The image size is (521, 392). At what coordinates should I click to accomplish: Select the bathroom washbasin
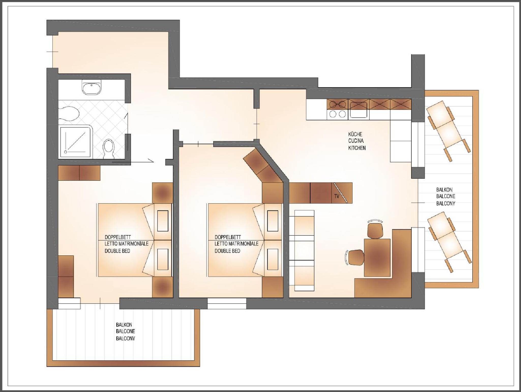click(91, 87)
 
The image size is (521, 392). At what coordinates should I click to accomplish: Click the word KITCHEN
click(357, 148)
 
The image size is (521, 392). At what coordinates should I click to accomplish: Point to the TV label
click(337, 196)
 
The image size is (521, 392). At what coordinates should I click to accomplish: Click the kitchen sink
click(359, 110)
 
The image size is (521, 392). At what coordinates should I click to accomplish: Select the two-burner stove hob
click(337, 109)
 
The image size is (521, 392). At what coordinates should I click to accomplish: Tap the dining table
click(377, 257)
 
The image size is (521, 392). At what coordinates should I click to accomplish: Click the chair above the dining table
click(375, 229)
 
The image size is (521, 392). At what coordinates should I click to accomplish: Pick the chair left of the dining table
click(355, 257)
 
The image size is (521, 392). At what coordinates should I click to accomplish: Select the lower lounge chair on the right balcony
click(450, 242)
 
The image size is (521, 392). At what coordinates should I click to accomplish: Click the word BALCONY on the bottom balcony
click(125, 338)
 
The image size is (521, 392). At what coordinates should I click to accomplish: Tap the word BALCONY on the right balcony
click(445, 203)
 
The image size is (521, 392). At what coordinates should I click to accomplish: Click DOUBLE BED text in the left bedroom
click(117, 251)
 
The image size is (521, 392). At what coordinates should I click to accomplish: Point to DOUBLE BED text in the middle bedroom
click(227, 251)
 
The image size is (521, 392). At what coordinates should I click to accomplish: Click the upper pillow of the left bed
click(162, 221)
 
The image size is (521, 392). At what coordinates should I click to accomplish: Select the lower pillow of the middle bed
click(273, 259)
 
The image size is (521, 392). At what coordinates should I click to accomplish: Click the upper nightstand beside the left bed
click(162, 193)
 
